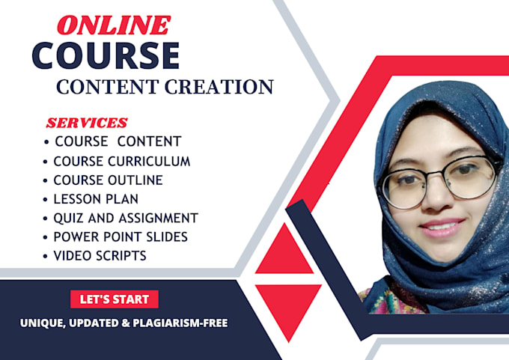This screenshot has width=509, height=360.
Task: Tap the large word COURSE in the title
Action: pos(106,55)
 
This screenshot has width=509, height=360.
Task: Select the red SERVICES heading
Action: pos(87,123)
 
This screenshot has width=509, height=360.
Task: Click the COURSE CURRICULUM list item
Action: pos(121,161)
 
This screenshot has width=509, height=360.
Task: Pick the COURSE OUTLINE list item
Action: pos(108,180)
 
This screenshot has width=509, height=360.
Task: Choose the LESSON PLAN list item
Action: pos(96,199)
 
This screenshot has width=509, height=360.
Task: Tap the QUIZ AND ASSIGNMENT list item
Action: pos(125,219)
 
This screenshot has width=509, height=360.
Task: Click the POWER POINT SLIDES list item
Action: pos(120,237)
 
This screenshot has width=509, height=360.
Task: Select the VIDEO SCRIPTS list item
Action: pos(100,256)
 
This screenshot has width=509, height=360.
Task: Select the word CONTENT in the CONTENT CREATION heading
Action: pos(101,87)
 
